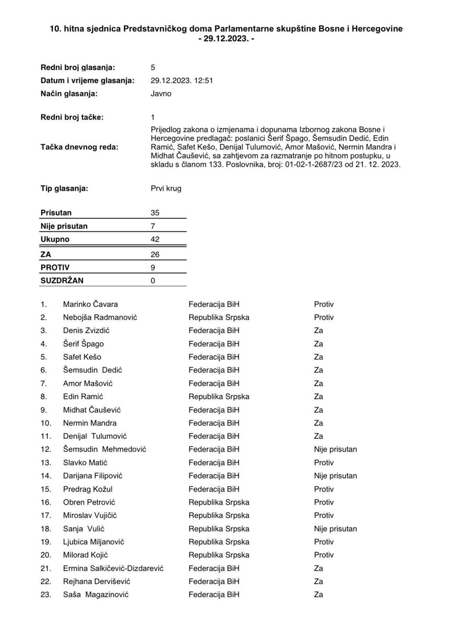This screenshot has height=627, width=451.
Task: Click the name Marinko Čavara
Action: (x=90, y=304)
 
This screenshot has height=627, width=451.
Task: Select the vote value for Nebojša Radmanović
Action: (x=324, y=317)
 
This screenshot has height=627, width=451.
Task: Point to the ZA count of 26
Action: (x=155, y=254)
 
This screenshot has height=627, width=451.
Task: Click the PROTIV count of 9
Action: (x=153, y=267)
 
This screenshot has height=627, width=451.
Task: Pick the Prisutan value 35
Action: (x=155, y=213)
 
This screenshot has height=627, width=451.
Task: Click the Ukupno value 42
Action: (x=155, y=239)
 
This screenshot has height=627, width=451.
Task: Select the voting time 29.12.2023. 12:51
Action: (x=181, y=81)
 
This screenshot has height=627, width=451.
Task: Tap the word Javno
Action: (x=161, y=94)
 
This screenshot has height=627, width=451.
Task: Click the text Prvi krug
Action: (x=166, y=189)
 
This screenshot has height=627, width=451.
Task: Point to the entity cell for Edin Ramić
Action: (x=219, y=397)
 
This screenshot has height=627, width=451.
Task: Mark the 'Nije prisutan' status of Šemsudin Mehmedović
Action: (x=335, y=449)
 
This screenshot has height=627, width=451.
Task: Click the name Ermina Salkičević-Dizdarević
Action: (x=113, y=568)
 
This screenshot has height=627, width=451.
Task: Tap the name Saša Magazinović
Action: (x=96, y=595)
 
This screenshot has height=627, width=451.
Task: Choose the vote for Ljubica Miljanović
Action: (x=324, y=542)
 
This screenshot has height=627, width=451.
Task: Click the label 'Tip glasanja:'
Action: (x=64, y=189)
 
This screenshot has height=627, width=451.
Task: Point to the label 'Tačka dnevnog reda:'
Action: (x=79, y=147)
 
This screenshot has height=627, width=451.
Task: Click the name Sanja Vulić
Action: (x=84, y=529)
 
